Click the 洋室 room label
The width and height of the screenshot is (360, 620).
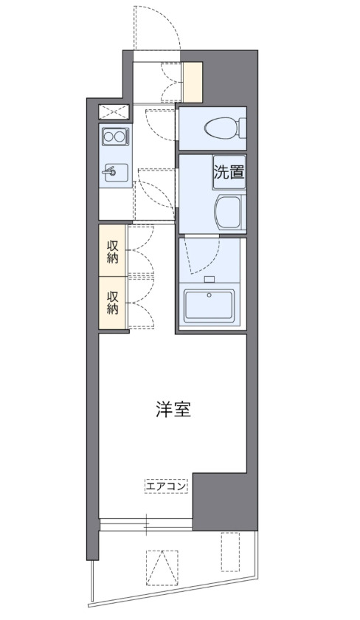[173, 410]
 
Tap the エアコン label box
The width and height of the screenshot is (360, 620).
[166, 486]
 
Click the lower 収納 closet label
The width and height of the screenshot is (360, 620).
[113, 302]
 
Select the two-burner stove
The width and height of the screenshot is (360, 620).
[114, 137]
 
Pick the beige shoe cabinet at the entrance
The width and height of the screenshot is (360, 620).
[193, 82]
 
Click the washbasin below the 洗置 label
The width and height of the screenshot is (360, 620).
[229, 212]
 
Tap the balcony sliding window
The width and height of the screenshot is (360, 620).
[146, 525]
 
